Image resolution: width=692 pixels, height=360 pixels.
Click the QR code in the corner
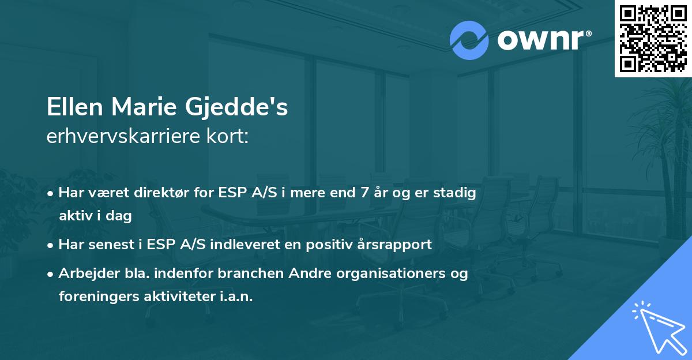click(653, 38)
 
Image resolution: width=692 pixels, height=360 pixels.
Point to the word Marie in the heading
click(144, 107)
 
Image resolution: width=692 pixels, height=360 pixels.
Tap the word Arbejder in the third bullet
click(84, 273)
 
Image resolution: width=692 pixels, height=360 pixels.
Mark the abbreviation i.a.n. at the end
click(235, 297)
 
